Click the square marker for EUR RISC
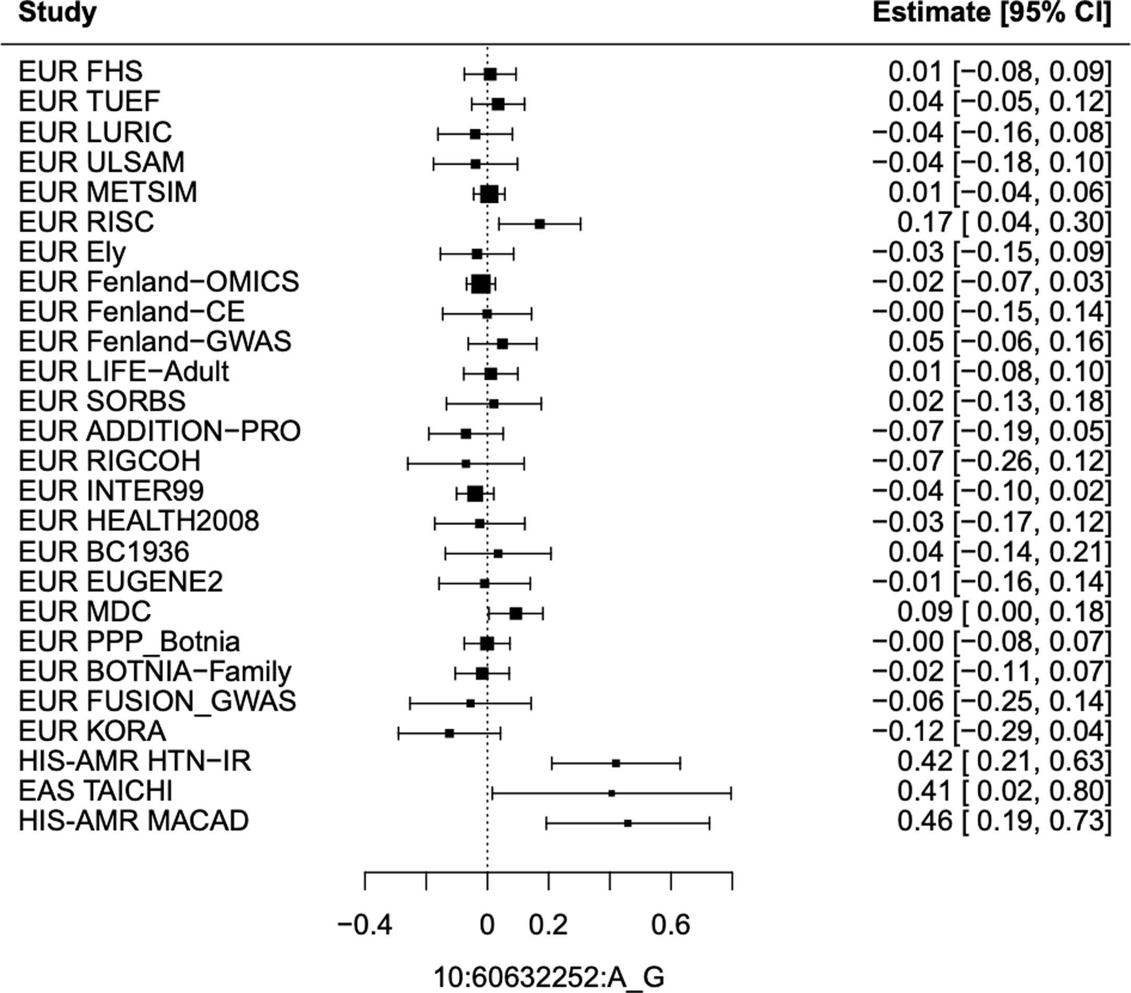click(540, 224)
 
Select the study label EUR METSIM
click(108, 192)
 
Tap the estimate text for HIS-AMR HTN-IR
click(1003, 762)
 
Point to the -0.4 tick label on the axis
click(364, 925)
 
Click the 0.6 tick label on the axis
click(671, 925)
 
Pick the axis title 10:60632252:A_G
click(549, 977)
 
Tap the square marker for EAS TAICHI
click(612, 793)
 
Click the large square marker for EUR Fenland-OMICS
click(481, 284)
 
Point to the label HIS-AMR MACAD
click(133, 821)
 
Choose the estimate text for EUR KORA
click(992, 732)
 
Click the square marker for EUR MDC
click(516, 614)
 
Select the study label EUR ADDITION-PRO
click(160, 432)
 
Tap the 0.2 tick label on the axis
click(548, 925)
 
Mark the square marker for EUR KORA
click(449, 733)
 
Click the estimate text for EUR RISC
click(1003, 223)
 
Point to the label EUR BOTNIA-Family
click(155, 671)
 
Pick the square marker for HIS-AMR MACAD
click(627, 823)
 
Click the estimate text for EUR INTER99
click(992, 492)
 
